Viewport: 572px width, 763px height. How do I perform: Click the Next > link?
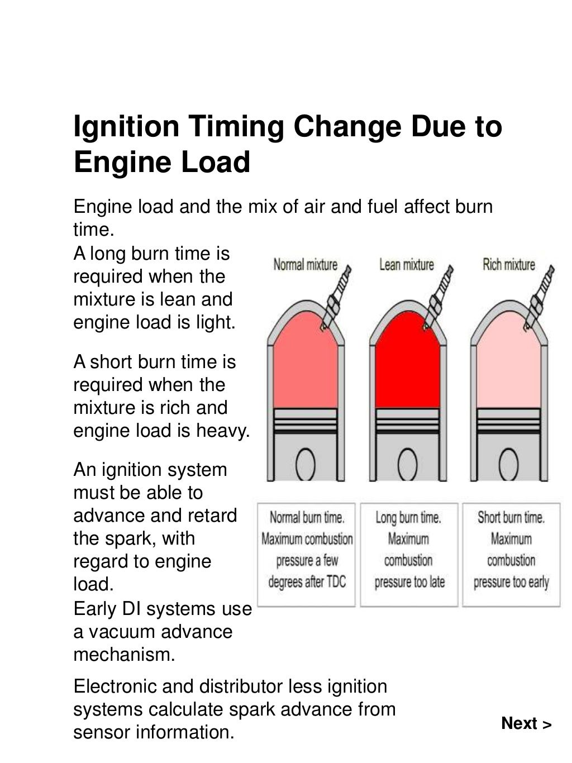pyautogui.click(x=526, y=723)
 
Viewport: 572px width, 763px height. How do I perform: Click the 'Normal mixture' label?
pyautogui.click(x=305, y=264)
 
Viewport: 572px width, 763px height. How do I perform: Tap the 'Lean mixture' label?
pyautogui.click(x=406, y=264)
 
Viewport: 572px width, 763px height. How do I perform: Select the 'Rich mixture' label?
pyautogui.click(x=508, y=264)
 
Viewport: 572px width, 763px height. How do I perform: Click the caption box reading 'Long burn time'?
pyautogui.click(x=409, y=554)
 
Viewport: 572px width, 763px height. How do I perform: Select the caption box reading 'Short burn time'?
pyautogui.click(x=511, y=554)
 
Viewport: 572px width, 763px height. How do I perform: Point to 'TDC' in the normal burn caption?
pyautogui.click(x=336, y=582)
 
